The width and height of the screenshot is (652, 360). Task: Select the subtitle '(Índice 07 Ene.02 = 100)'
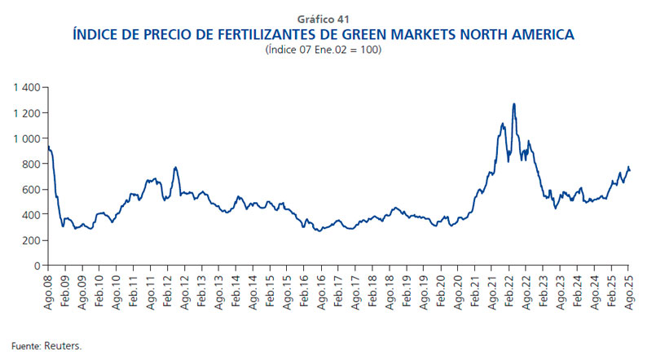tap(326, 50)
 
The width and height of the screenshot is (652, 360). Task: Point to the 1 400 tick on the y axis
tap(28, 87)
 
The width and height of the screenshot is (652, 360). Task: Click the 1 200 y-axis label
tap(28, 112)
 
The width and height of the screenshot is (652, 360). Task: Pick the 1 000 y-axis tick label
tap(28, 138)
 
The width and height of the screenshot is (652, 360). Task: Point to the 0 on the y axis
tap(37, 266)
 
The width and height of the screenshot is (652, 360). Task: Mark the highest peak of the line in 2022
tap(514, 104)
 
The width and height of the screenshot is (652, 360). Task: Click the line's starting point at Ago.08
tap(49, 147)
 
